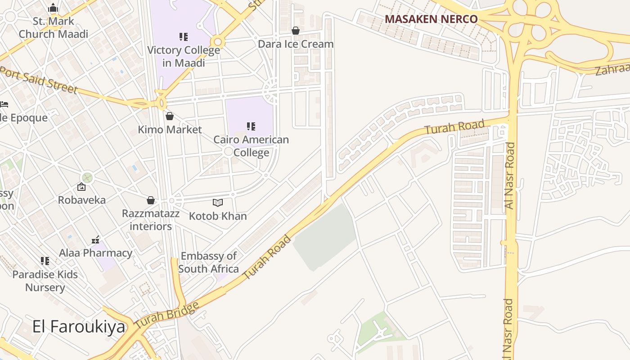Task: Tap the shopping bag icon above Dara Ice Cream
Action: [x=296, y=31]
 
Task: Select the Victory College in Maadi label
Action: [x=184, y=56]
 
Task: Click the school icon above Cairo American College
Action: [x=251, y=126]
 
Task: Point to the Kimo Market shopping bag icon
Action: [x=170, y=116]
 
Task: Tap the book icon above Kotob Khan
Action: [x=218, y=203]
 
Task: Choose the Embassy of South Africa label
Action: [x=209, y=262]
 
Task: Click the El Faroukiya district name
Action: [x=79, y=327]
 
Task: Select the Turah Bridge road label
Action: [x=166, y=315]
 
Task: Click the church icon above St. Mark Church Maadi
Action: [x=53, y=8]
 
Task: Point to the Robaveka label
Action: [x=82, y=200]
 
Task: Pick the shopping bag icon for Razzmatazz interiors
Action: [x=151, y=200]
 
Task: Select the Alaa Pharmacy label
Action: [x=96, y=253]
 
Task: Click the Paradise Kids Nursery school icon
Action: [x=45, y=261]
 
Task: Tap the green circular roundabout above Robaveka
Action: [x=87, y=177]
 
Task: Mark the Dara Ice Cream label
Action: [x=296, y=44]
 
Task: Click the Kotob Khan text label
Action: [x=218, y=216]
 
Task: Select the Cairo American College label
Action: [x=251, y=146]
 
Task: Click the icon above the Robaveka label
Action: [x=81, y=187]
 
